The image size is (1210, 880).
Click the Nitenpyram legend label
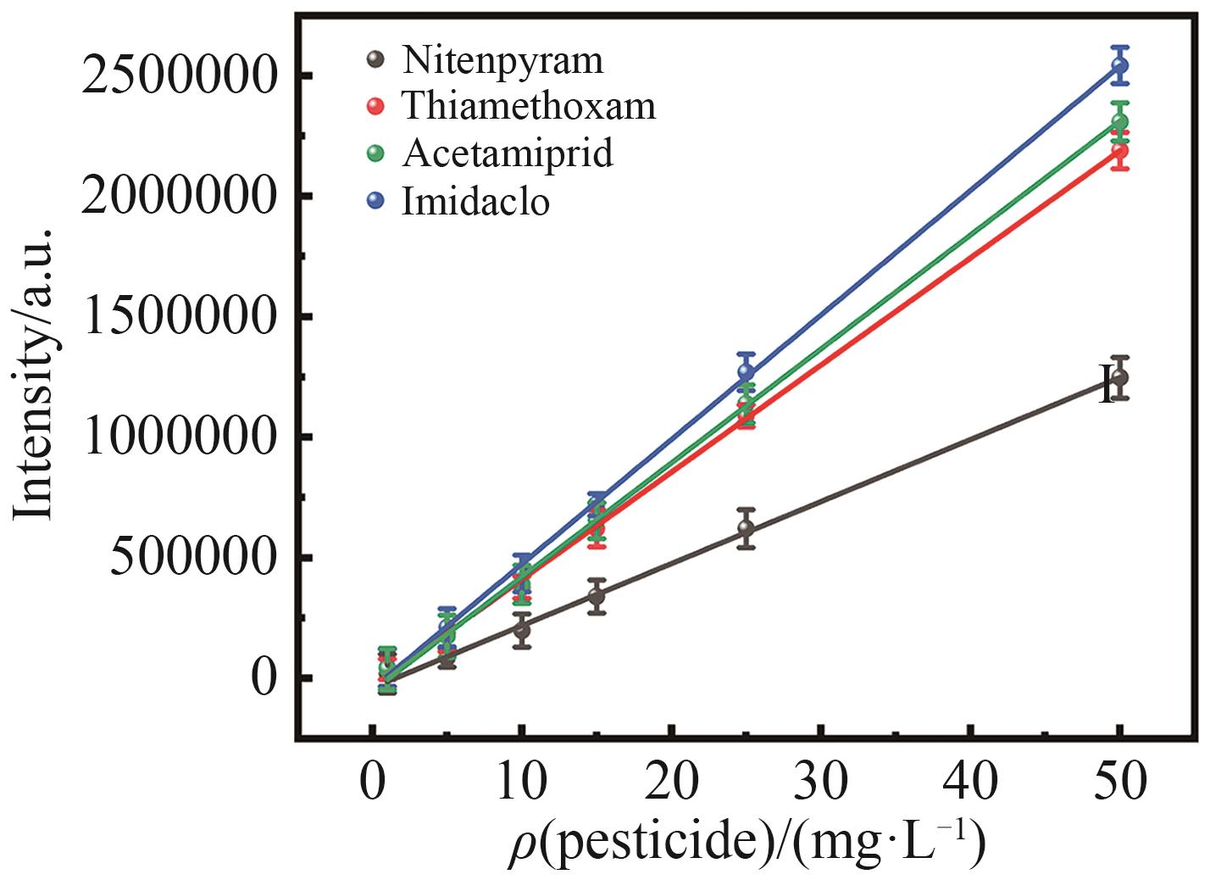[502, 61]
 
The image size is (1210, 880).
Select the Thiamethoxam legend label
[529, 107]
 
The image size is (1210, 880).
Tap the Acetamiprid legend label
[508, 153]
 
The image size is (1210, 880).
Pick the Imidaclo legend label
[475, 202]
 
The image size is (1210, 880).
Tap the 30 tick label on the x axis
[821, 781]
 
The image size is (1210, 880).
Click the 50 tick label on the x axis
[1120, 781]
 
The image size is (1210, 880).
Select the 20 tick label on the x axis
[672, 781]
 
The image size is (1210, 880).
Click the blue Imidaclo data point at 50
[1120, 65]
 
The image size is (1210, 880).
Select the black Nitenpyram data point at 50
[1120, 377]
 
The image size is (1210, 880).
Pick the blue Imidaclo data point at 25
[746, 371]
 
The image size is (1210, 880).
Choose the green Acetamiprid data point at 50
[1120, 122]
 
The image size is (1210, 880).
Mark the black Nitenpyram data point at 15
[597, 595]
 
